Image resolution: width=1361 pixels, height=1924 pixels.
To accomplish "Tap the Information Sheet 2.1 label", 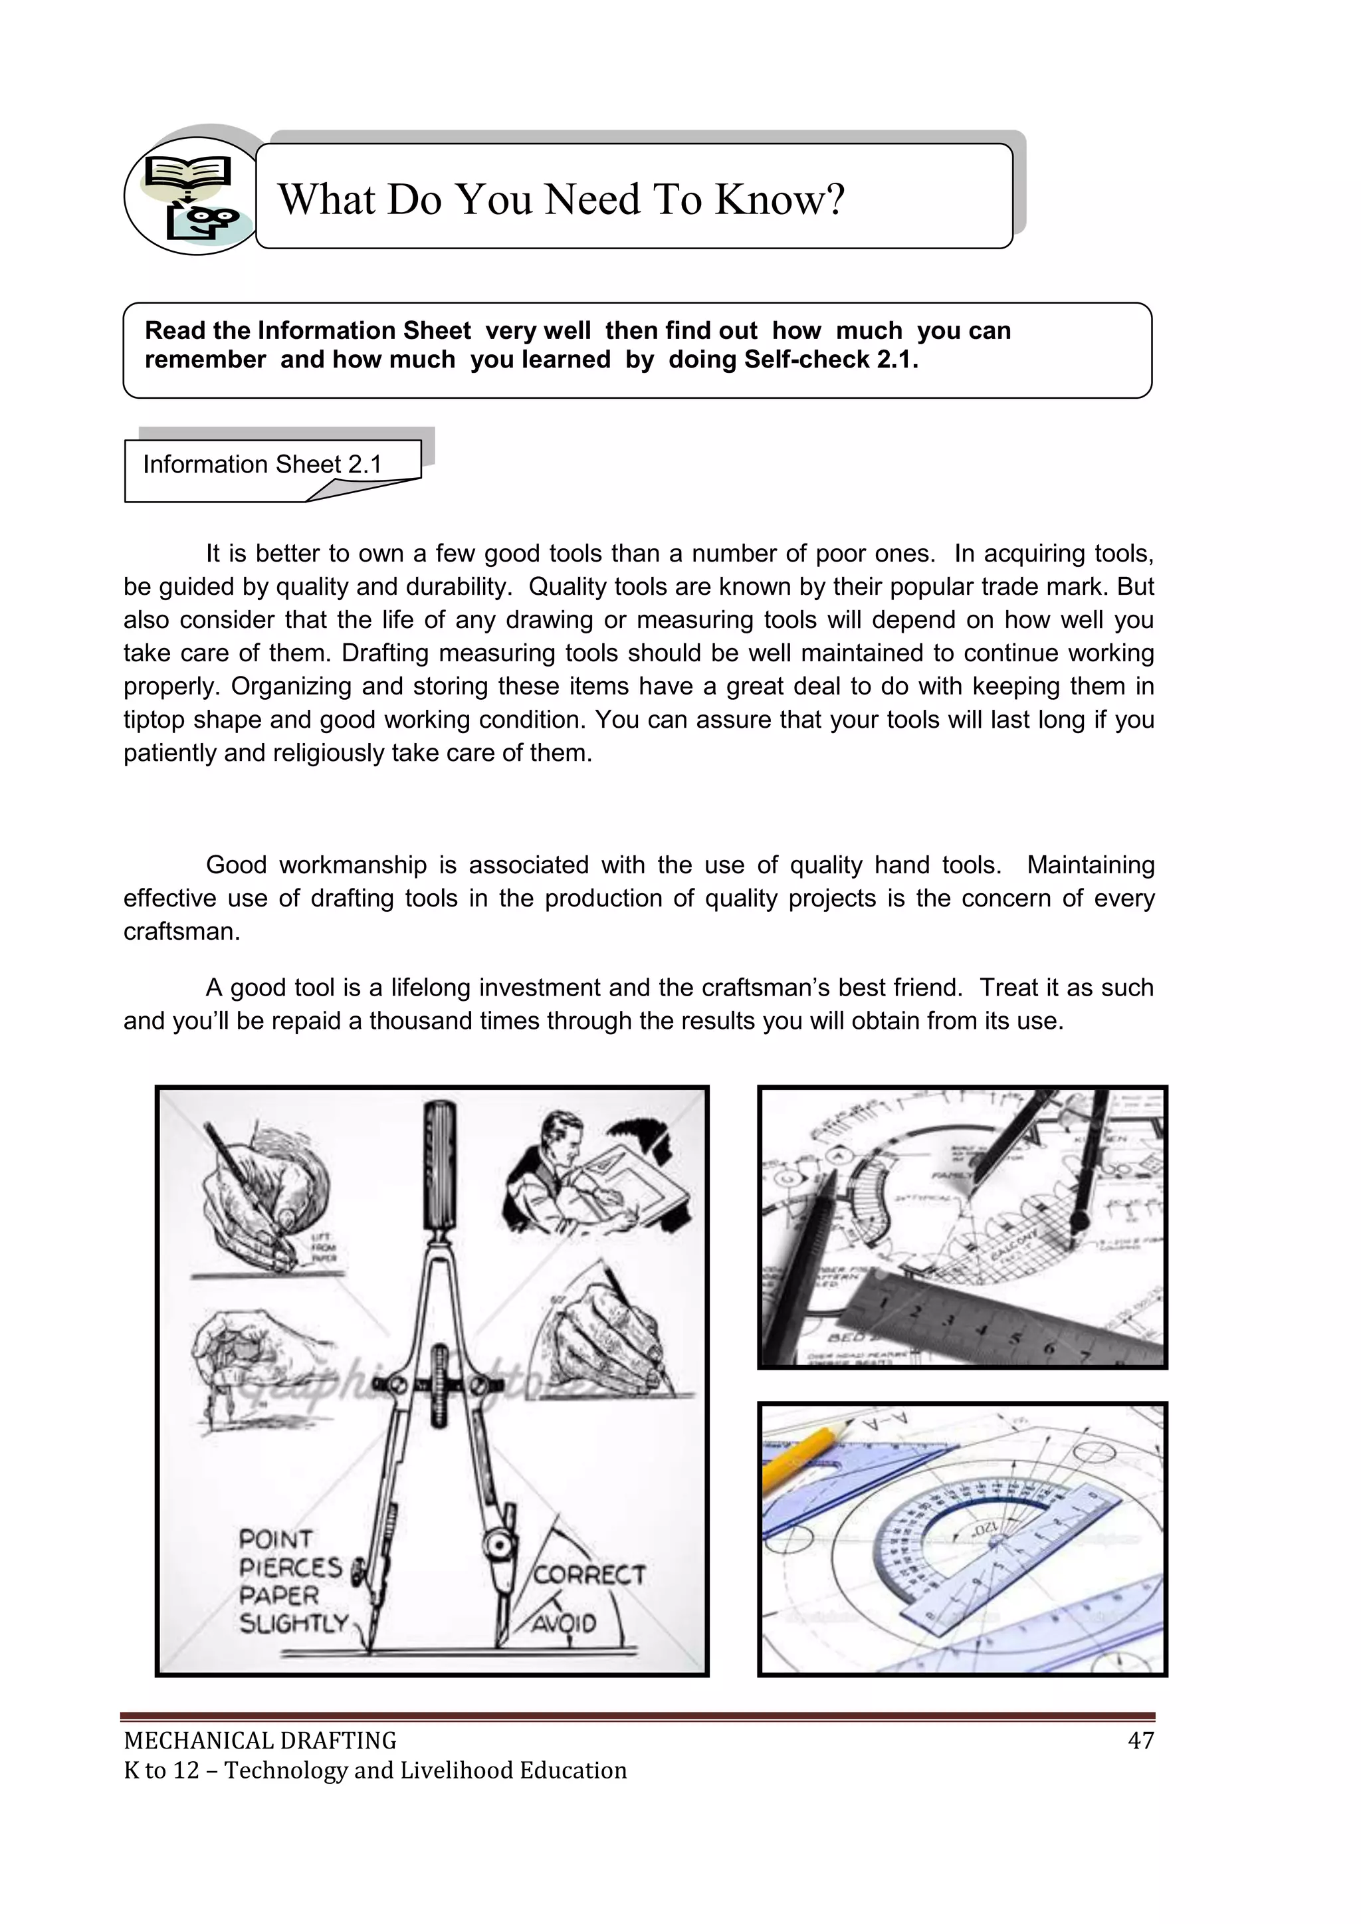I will pos(261,465).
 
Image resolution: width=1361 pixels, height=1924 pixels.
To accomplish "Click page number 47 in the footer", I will pos(1140,1741).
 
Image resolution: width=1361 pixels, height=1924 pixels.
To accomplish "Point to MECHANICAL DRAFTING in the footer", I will pos(260,1741).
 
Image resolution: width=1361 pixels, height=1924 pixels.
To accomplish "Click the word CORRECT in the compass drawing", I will pos(589,1574).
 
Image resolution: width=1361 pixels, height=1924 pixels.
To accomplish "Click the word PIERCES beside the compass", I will pos(290,1567).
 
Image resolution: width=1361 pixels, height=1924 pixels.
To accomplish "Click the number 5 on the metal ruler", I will pos(1015,1337).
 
